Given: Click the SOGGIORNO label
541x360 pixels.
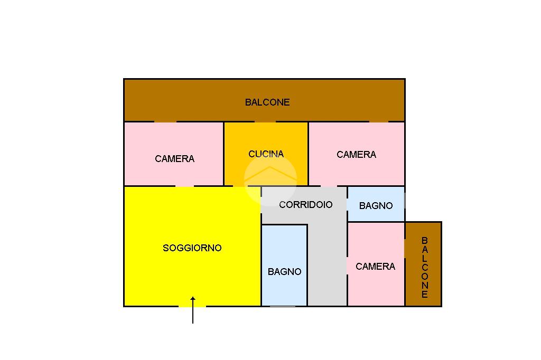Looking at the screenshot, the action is [x=192, y=248].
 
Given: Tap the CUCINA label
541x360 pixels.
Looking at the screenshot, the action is [x=266, y=154].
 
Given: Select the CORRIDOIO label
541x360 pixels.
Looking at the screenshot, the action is [x=306, y=204].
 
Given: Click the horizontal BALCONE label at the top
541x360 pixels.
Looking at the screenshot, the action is [x=267, y=102].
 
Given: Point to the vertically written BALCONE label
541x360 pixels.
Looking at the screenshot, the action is [x=424, y=268].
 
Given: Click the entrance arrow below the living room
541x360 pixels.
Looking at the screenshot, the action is [x=193, y=311].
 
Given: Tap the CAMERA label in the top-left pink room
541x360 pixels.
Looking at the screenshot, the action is [x=174, y=158].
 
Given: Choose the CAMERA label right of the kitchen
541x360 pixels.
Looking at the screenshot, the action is [x=356, y=155].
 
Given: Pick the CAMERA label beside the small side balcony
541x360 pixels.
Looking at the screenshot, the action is [x=375, y=267].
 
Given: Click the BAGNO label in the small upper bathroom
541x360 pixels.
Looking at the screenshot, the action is [x=376, y=206].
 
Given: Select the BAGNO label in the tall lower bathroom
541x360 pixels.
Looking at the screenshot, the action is [x=284, y=272].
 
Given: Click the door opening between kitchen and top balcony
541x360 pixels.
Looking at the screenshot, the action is [x=265, y=122].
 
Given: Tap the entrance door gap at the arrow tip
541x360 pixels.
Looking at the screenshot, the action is [x=192, y=306].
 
